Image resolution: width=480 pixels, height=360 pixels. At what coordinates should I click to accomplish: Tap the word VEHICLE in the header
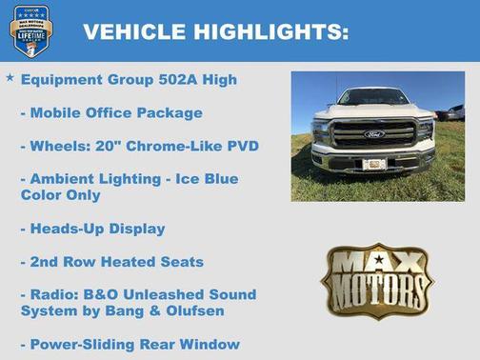click(x=135, y=32)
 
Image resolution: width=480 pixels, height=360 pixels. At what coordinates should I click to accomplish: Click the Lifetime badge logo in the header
click(x=30, y=30)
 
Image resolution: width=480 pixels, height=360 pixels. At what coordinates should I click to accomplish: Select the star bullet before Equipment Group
click(x=10, y=77)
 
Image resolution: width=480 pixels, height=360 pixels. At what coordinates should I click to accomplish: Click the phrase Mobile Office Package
click(x=117, y=112)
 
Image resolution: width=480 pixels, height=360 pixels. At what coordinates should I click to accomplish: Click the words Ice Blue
click(x=207, y=178)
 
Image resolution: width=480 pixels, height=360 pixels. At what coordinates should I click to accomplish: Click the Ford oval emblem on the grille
click(x=373, y=134)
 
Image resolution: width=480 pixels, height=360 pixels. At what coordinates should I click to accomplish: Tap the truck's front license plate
click(x=374, y=164)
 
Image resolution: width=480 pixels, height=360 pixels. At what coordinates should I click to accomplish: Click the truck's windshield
click(x=373, y=97)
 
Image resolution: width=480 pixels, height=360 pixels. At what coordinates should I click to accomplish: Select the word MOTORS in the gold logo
click(x=377, y=288)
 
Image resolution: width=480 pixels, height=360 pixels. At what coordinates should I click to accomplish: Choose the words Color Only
click(x=62, y=194)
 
